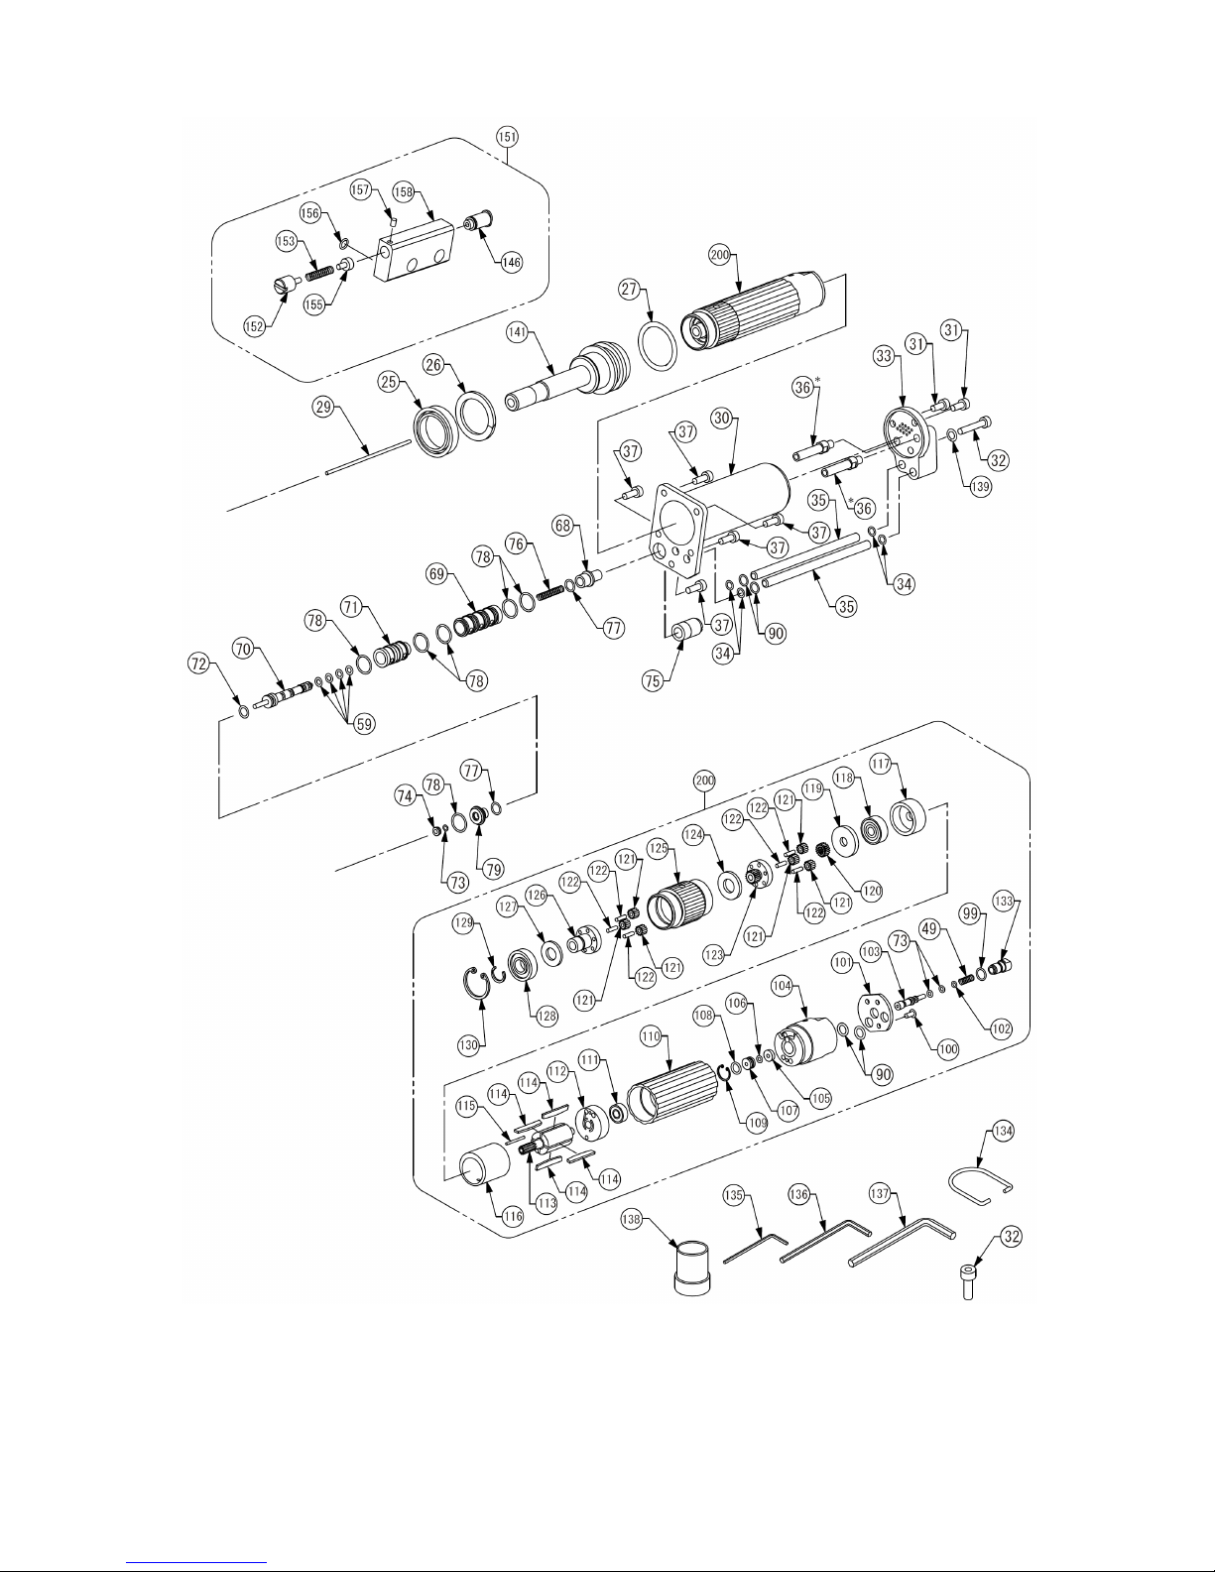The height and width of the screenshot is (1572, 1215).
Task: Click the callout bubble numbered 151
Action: (508, 136)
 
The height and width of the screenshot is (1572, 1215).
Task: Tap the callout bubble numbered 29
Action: (323, 408)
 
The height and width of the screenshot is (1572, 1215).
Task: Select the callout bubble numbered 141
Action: (517, 333)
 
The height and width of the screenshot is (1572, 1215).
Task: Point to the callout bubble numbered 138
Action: (632, 1219)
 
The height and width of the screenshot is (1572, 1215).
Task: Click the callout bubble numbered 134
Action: (1003, 1131)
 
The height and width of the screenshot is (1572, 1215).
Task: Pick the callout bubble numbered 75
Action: (653, 680)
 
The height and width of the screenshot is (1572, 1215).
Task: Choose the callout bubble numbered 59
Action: (365, 723)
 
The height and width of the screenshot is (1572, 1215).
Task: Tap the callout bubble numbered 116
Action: (513, 1216)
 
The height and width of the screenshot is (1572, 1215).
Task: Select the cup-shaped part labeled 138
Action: (693, 1269)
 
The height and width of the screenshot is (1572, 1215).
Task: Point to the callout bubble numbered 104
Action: (782, 986)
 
